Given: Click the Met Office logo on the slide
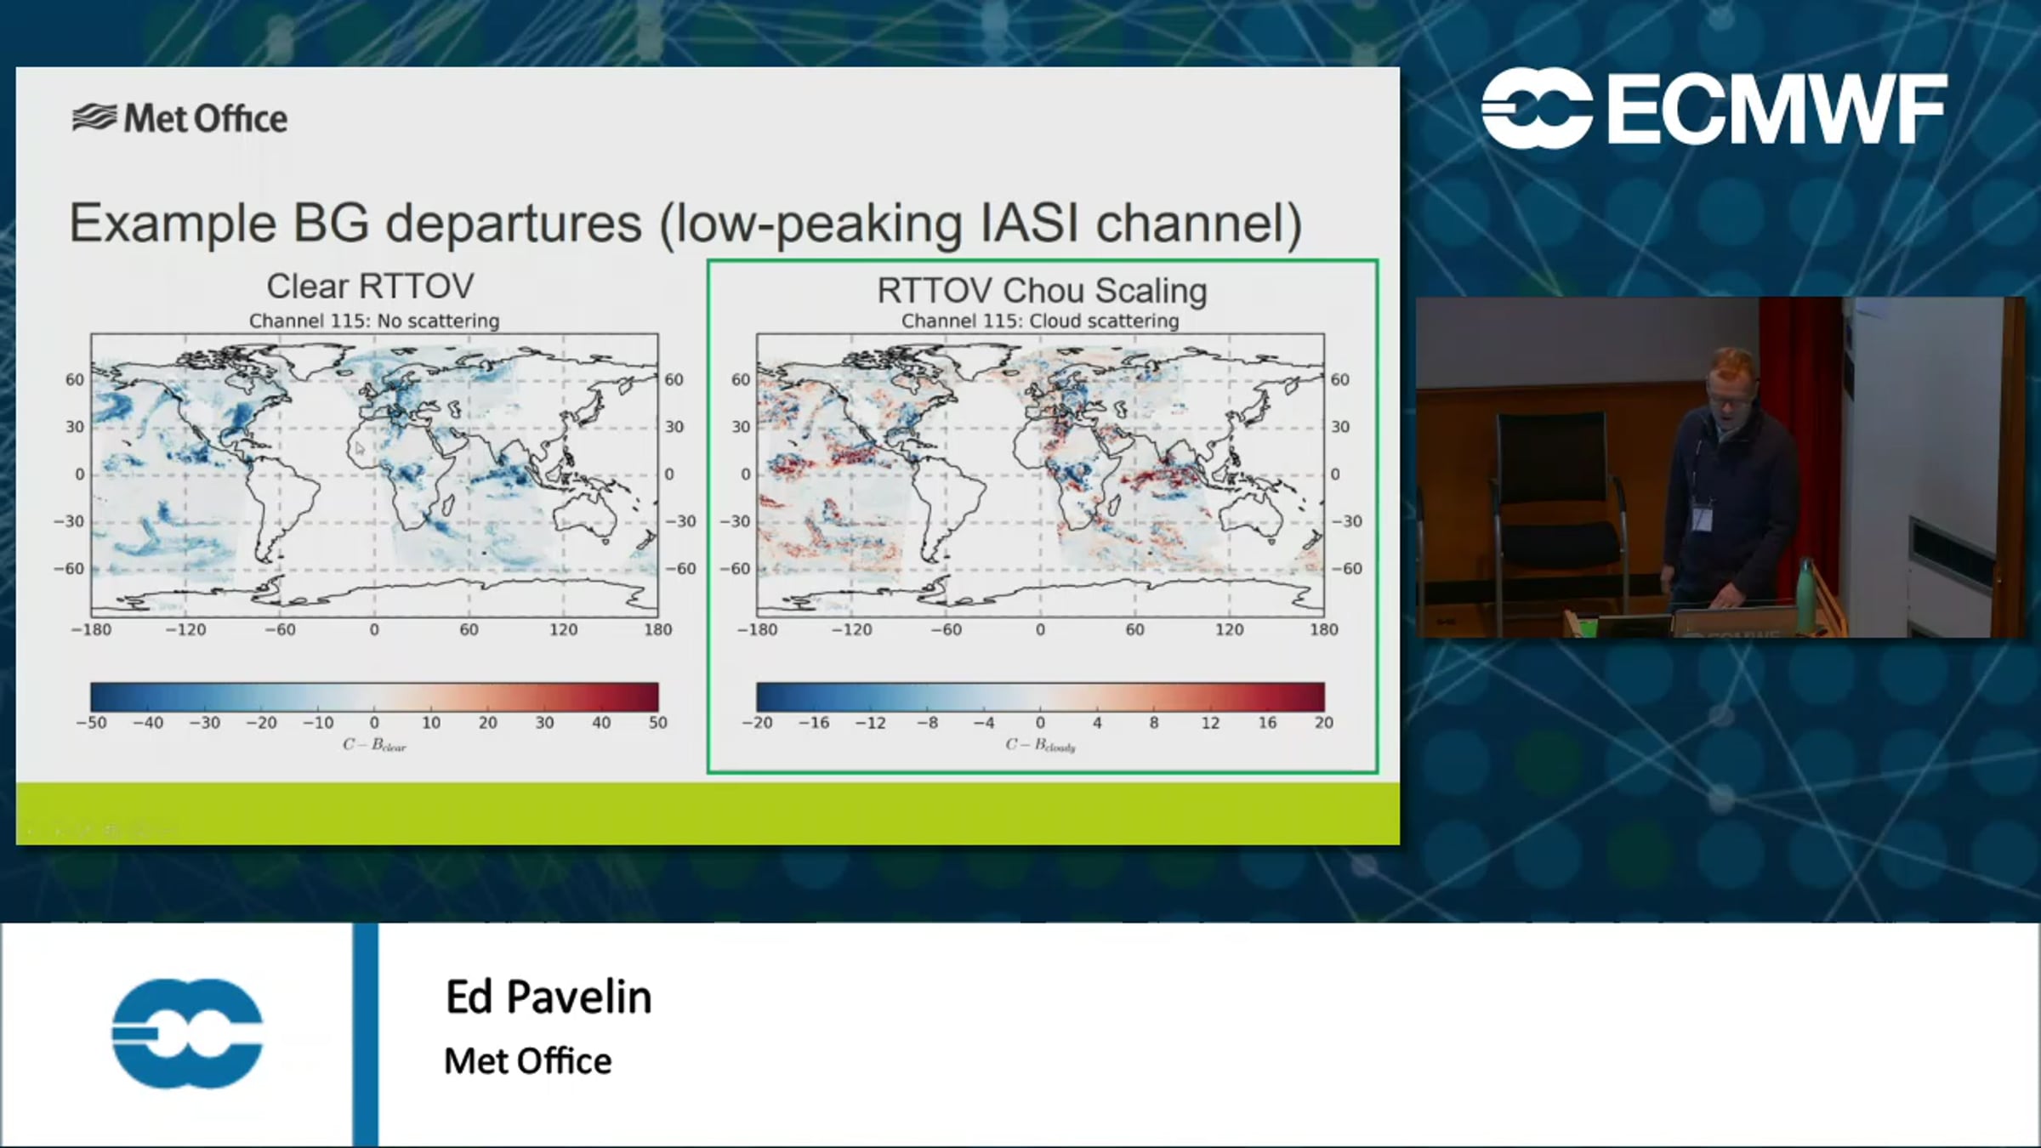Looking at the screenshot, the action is (180, 118).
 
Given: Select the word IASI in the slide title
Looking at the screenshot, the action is (1030, 223).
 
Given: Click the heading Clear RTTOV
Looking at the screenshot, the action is (370, 287).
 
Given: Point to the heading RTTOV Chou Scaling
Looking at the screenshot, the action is (1042, 291).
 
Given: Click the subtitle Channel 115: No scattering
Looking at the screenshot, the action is (374, 321).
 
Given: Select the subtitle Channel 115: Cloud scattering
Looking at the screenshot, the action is (1040, 321).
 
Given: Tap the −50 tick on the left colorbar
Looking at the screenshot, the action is (92, 723).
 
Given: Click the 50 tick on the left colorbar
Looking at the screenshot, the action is (658, 723).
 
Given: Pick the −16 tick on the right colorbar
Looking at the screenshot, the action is (814, 723).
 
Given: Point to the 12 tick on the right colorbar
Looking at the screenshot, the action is (1210, 723).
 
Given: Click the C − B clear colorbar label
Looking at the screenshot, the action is (374, 745).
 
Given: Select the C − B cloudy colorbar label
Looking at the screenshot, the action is (1040, 745).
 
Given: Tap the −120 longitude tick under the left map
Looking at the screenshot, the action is (185, 630).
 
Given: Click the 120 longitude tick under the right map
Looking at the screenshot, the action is (1229, 630).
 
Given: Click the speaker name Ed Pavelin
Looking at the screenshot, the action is (549, 997).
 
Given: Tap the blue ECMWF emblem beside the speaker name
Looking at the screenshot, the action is (187, 1033).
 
